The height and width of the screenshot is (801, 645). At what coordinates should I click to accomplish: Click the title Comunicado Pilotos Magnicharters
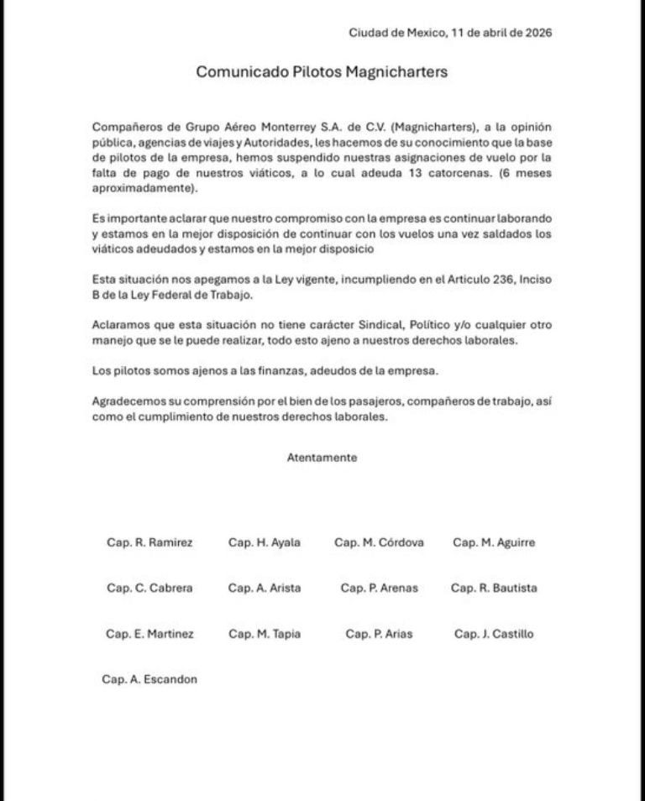[x=322, y=72]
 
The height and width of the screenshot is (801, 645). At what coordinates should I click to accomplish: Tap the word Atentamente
[x=322, y=458]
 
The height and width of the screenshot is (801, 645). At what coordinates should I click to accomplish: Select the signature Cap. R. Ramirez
[x=149, y=542]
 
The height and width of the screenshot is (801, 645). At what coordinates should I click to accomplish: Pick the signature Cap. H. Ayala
[x=264, y=542]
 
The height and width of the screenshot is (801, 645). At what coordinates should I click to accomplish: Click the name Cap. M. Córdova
[x=379, y=542]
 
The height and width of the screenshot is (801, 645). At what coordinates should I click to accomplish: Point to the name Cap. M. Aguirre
[x=494, y=542]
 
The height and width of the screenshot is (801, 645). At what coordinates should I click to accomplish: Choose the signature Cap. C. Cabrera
[x=149, y=588]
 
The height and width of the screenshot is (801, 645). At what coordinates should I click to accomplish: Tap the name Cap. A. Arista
[x=264, y=588]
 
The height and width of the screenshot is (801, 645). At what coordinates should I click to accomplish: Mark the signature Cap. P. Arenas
[x=379, y=588]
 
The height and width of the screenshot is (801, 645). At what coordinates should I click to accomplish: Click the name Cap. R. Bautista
[x=494, y=588]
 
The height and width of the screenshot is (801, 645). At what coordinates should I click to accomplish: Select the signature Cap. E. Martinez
[x=149, y=634]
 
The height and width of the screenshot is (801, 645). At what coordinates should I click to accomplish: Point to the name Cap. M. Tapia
[x=264, y=634]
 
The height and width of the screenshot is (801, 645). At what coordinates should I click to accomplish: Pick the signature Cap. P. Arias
[x=379, y=634]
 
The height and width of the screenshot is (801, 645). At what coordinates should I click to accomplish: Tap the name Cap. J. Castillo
[x=494, y=634]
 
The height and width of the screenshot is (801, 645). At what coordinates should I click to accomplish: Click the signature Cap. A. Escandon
[x=149, y=679]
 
